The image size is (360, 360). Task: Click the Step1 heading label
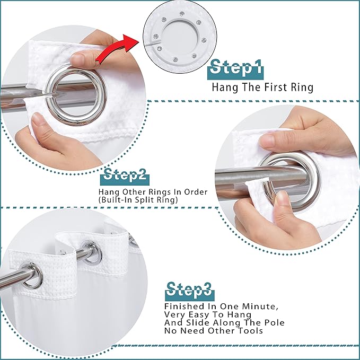pyautogui.click(x=236, y=68)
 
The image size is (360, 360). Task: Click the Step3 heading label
pyautogui.click(x=189, y=289)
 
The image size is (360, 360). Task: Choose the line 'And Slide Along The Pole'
pyautogui.click(x=224, y=322)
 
